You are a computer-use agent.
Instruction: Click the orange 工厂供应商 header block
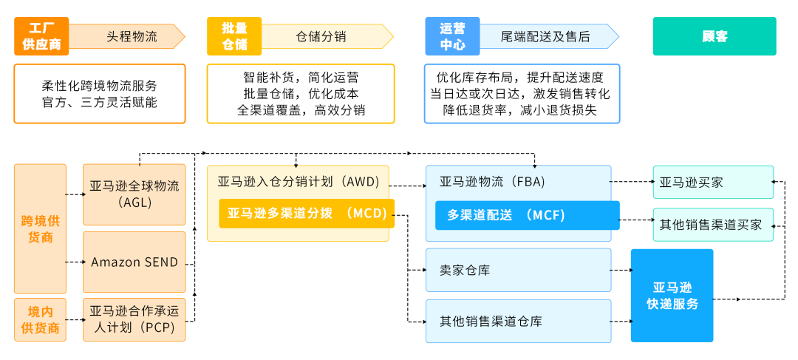coord(41,36)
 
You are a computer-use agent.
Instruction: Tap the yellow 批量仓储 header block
coord(234,36)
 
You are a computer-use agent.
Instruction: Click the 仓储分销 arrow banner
coord(322,36)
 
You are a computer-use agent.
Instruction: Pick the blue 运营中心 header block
coord(452,36)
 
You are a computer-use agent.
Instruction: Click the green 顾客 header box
coord(714,36)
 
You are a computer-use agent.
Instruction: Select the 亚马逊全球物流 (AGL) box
coord(134,194)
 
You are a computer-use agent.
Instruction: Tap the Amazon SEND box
coord(134,262)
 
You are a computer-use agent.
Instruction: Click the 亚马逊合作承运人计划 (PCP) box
coord(134,319)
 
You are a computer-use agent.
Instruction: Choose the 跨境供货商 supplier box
coord(41,228)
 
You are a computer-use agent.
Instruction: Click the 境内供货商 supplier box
coord(41,319)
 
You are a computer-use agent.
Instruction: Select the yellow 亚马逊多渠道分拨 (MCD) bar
coord(307,214)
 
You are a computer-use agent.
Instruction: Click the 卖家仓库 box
coord(518,271)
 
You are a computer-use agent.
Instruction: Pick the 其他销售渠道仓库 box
coord(518,321)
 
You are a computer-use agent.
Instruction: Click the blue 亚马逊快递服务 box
coord(672,295)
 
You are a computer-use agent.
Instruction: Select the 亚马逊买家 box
coord(712,182)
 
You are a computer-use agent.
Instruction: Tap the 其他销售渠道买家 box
coord(712,225)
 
